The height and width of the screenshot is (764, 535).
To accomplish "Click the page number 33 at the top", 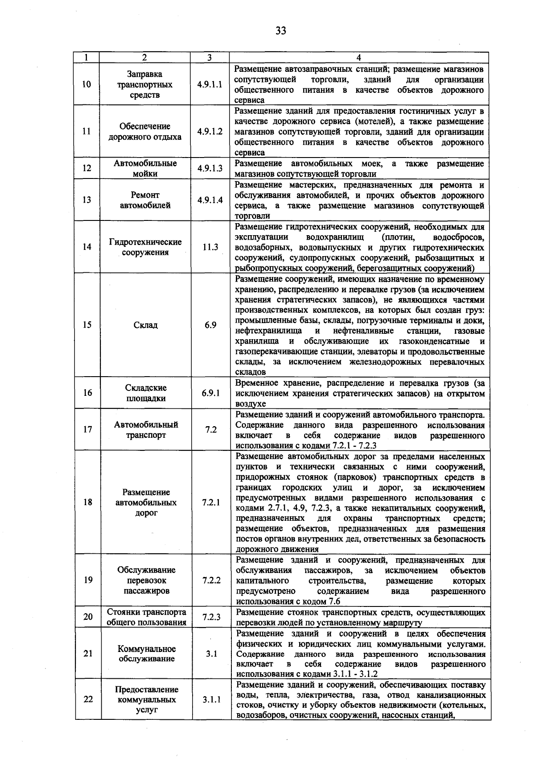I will (x=280, y=30).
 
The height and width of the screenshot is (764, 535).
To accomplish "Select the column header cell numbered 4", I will (x=359, y=58).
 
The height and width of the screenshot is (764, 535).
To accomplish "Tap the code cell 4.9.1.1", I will (x=210, y=84).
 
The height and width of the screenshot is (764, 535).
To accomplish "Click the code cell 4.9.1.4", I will (x=210, y=200).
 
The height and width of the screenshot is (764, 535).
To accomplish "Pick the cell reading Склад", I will (x=145, y=325).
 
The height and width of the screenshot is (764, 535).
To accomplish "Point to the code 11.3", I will (x=210, y=247).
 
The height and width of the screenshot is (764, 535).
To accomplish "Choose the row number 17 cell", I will (x=87, y=429).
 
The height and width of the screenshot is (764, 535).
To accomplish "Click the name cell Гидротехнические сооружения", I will (x=145, y=247).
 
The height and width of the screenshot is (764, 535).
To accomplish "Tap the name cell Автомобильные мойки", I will (x=145, y=168).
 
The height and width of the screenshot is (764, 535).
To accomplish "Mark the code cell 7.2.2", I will (x=211, y=580).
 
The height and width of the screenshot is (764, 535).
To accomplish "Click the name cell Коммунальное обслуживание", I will (x=146, y=654).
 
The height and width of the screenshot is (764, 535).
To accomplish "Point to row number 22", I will (x=88, y=699).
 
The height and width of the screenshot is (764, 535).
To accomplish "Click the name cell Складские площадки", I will (x=145, y=393).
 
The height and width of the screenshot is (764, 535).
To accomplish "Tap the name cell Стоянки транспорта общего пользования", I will (x=146, y=617).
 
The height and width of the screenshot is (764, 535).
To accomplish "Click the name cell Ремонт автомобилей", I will (x=145, y=200).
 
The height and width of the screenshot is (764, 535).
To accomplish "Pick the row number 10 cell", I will (x=87, y=84).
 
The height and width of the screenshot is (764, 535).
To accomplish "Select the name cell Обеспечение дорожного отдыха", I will (x=145, y=132).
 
